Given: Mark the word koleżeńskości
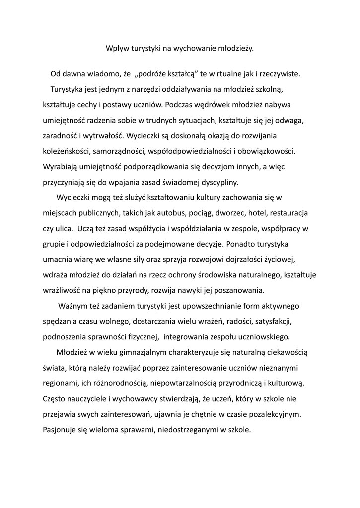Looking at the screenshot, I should point(66,151).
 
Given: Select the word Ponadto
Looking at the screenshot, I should point(243,245).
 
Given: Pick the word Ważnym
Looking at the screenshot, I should point(73,306).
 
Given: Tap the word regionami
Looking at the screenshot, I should point(60,383).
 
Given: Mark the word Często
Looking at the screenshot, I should point(55,398).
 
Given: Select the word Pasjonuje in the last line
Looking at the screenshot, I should point(60,430).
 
